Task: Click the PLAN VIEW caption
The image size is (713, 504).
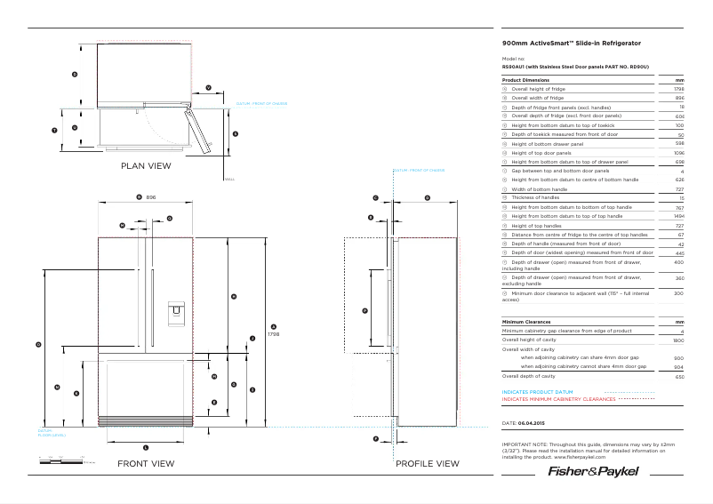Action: [146, 165]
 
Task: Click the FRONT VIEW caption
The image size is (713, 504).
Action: [146, 464]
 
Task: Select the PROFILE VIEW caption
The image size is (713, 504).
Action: [427, 464]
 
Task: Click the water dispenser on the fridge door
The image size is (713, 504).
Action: [174, 310]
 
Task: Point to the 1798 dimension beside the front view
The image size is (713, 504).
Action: [274, 334]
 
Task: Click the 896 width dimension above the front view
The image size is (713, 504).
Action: [151, 196]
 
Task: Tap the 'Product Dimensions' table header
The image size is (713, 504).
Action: [532, 80]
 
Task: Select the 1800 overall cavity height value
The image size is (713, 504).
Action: [678, 340]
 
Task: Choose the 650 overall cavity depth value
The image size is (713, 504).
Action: [679, 377]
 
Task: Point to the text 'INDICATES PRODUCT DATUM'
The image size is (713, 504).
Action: [537, 392]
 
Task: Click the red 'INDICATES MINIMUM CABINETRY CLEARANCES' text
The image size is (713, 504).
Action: [558, 399]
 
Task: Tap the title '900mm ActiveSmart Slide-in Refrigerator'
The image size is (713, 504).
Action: [571, 43]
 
